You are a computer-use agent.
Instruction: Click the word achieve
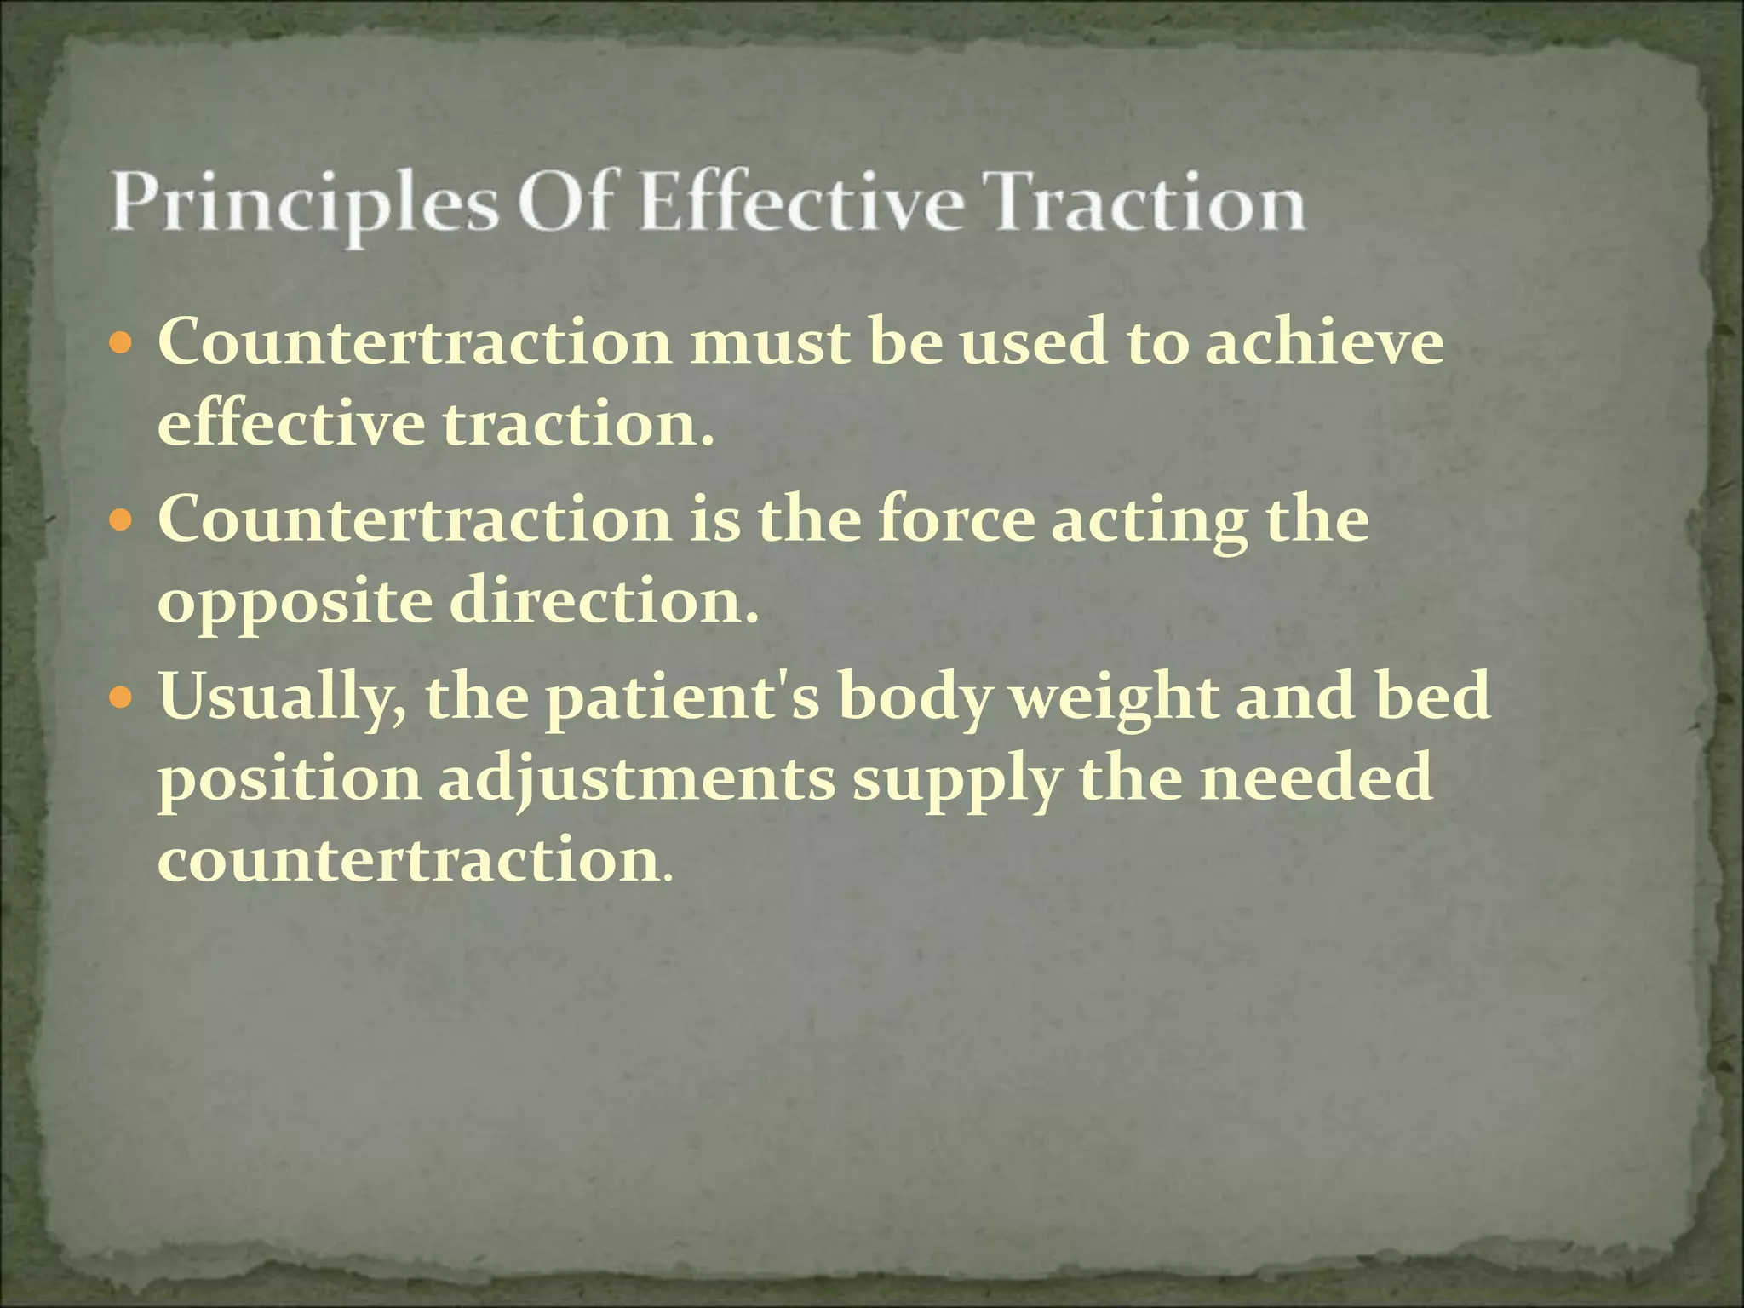point(1324,342)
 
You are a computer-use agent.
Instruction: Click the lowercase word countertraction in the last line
point(409,861)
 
